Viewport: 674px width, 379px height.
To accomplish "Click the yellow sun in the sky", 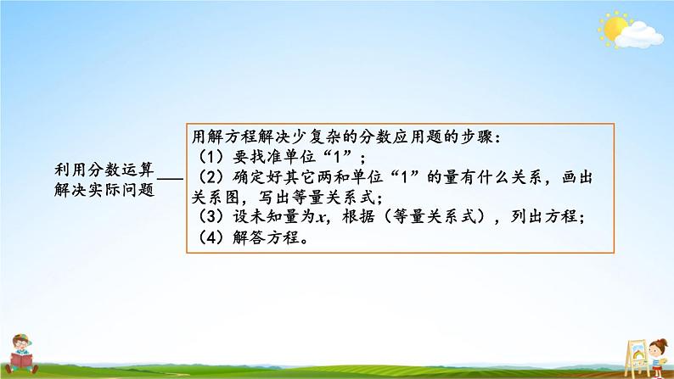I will point(611,28).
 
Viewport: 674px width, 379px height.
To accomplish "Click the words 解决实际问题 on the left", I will point(102,189).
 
